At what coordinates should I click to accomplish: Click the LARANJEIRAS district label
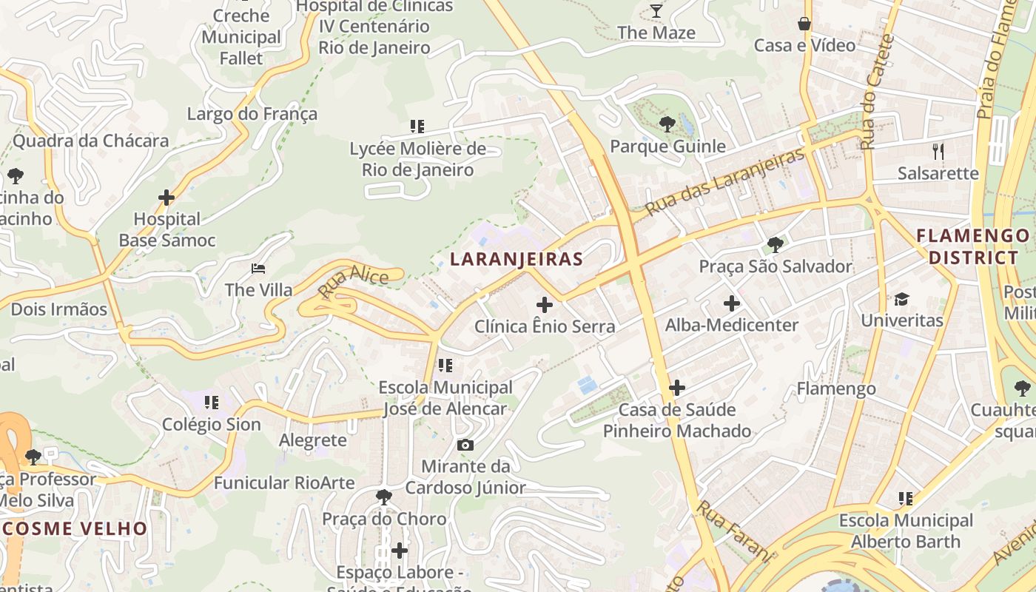[x=517, y=259]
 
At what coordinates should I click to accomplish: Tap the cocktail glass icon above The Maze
[x=656, y=10]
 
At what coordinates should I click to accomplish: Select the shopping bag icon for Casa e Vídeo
[x=804, y=24]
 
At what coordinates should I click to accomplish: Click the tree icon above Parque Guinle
[x=667, y=124]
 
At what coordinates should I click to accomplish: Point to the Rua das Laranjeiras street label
[x=724, y=182]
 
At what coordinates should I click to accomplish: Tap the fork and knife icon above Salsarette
[x=938, y=152]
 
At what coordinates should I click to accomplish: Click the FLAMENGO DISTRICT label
[x=972, y=247]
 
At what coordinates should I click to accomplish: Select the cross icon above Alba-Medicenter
[x=731, y=303]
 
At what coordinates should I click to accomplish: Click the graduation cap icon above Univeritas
[x=901, y=299]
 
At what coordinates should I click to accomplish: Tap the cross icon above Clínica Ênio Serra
[x=545, y=304]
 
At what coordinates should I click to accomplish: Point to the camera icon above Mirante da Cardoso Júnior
[x=465, y=445]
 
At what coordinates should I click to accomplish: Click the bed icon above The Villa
[x=258, y=268]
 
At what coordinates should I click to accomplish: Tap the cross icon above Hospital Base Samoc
[x=166, y=197]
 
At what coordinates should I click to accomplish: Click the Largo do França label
[x=252, y=114]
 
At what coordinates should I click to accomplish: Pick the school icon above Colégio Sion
[x=212, y=403]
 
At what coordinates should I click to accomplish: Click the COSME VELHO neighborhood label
[x=74, y=528]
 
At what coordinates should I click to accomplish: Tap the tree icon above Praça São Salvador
[x=775, y=244]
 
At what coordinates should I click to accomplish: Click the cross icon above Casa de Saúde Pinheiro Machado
[x=676, y=387]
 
